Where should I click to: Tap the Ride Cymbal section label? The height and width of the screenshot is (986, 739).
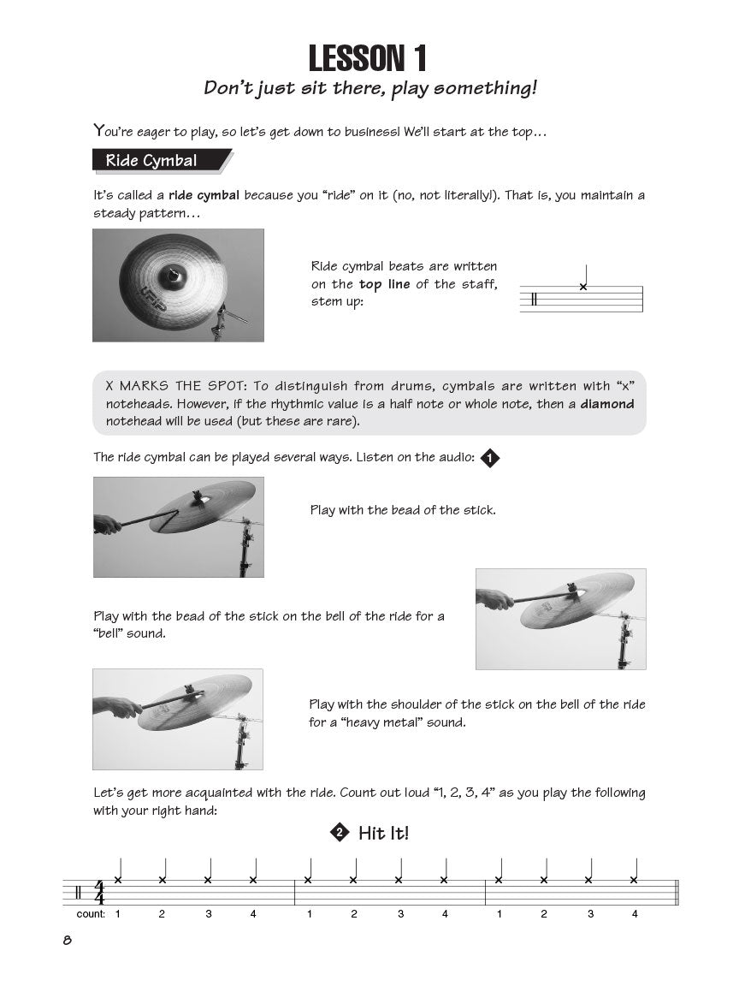tap(151, 161)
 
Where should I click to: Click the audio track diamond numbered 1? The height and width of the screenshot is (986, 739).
tap(489, 459)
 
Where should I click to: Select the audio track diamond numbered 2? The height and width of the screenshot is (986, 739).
tap(340, 833)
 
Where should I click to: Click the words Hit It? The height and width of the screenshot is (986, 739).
tap(384, 833)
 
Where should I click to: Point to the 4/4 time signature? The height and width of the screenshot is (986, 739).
tap(99, 892)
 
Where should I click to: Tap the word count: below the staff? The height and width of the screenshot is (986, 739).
tap(91, 914)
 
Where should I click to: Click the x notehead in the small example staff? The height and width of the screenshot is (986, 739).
tap(583, 287)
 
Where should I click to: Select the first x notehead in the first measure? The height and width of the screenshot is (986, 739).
tap(118, 880)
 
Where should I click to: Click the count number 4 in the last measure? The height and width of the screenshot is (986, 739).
tap(635, 914)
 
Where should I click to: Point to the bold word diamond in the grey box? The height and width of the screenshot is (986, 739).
tap(607, 404)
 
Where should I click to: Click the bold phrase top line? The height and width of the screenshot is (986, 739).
tap(385, 285)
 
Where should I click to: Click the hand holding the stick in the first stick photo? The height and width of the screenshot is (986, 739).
tap(107, 524)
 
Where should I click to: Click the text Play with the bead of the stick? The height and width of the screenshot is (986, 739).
tap(402, 510)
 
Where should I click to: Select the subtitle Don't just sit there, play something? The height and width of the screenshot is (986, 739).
tap(369, 88)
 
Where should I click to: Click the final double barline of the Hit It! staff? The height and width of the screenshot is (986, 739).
tap(677, 892)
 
